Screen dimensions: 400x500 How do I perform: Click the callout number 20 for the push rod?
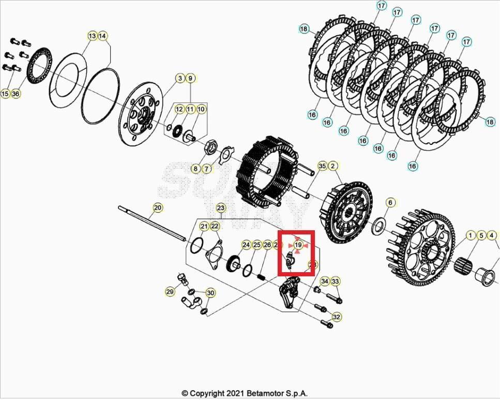(x=158, y=208)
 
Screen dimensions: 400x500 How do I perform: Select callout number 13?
(x=92, y=36)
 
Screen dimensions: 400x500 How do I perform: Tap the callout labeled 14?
(x=102, y=36)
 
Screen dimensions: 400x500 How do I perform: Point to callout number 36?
(x=16, y=94)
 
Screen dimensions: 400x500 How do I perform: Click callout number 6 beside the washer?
(x=390, y=202)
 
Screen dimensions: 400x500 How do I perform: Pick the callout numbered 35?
(x=322, y=166)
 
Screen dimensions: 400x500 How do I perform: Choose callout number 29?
(x=170, y=292)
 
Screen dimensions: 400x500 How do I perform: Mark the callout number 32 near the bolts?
(x=337, y=317)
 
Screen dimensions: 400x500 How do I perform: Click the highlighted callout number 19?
(x=298, y=244)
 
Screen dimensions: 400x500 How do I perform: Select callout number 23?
(x=221, y=208)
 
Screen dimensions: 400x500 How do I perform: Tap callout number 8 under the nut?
(x=195, y=169)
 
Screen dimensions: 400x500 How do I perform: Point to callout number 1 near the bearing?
(x=471, y=235)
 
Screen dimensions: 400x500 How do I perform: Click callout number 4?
(x=491, y=235)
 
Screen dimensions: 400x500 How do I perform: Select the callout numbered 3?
(x=180, y=78)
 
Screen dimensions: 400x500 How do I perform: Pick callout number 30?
(x=210, y=292)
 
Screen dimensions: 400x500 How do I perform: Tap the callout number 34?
(x=325, y=281)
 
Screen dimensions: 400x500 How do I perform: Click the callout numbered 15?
(x=5, y=94)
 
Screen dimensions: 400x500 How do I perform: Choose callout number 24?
(x=246, y=244)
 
